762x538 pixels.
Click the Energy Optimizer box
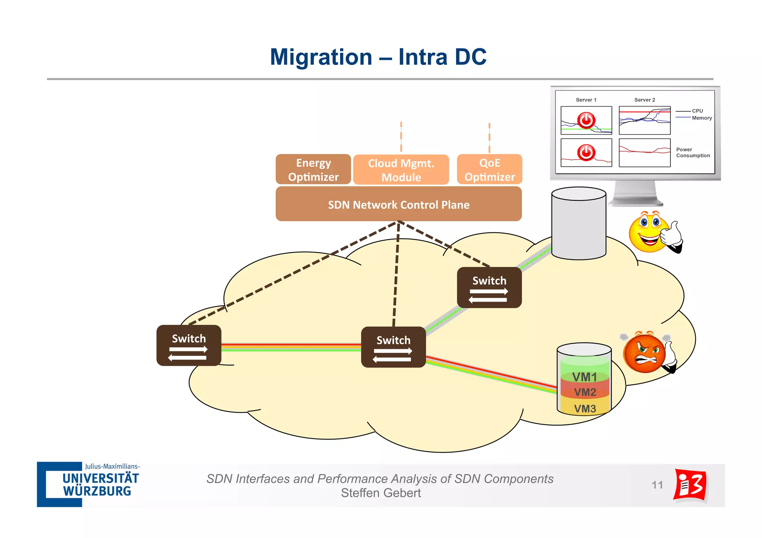(x=313, y=170)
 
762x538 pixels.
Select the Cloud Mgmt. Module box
(x=401, y=170)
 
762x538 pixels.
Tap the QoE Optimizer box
(x=490, y=170)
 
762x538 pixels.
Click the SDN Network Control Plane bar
(x=398, y=204)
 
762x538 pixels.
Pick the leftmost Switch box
(x=189, y=345)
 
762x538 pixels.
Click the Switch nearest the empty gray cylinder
(x=489, y=287)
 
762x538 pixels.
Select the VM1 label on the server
(x=585, y=377)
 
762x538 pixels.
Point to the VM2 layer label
(x=585, y=392)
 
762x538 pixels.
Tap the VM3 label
(x=585, y=409)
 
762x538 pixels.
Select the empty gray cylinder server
(x=579, y=223)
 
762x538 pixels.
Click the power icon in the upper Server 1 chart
(x=586, y=120)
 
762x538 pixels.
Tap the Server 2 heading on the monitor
(x=644, y=100)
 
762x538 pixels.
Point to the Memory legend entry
(x=702, y=118)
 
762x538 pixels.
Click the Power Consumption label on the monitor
(x=692, y=152)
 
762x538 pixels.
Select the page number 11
(x=657, y=485)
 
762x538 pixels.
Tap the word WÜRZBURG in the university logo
(x=97, y=491)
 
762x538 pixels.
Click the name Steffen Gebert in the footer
(x=381, y=493)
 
